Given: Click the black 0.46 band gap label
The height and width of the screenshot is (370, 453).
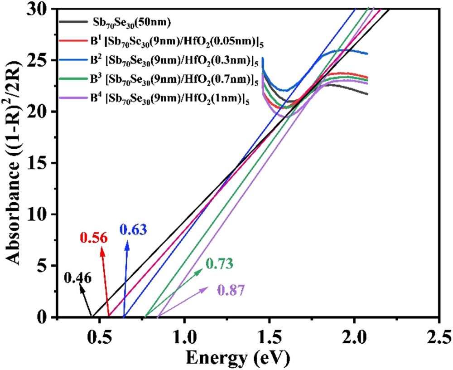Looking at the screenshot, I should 78,277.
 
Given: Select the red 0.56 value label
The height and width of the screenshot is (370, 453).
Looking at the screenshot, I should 94,238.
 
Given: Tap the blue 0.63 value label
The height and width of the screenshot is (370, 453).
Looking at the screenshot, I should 133,230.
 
